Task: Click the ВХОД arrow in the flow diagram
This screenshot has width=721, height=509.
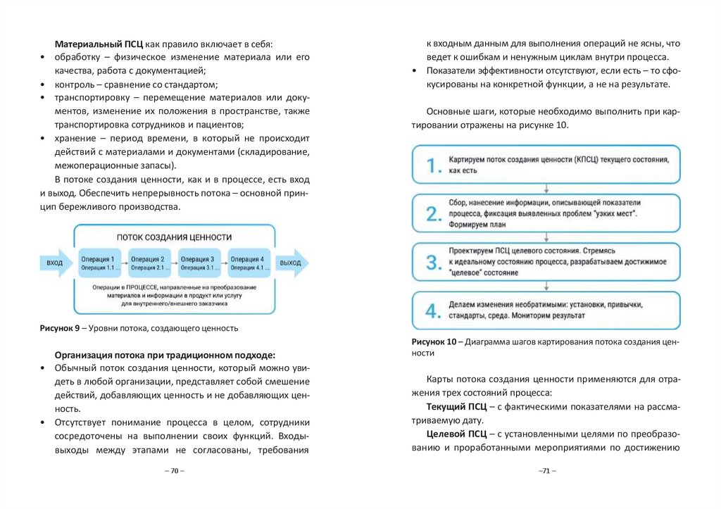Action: click(x=55, y=263)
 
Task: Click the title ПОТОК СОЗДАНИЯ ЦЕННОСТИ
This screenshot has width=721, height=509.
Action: click(x=174, y=237)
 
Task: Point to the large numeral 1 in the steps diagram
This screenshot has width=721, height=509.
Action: click(x=432, y=166)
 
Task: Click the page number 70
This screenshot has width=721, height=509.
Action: click(x=174, y=471)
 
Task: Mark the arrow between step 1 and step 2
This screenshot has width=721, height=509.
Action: click(x=546, y=189)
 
